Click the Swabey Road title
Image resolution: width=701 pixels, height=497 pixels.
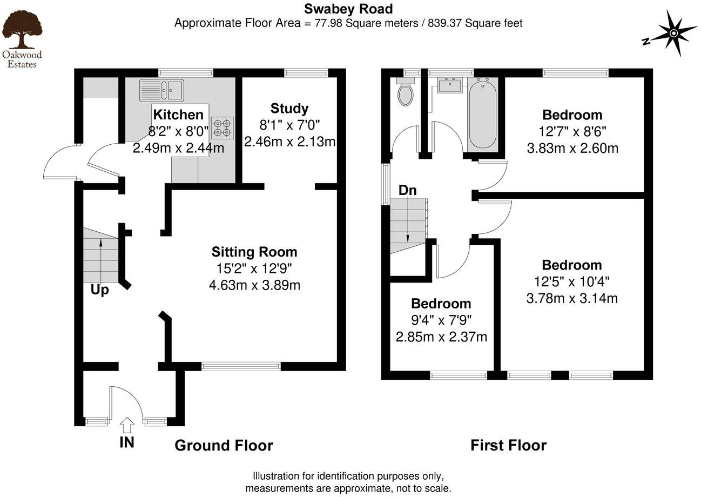click(x=348, y=9)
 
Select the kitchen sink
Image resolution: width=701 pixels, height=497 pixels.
click(x=161, y=89)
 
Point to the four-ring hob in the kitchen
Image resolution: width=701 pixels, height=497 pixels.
click(x=223, y=127)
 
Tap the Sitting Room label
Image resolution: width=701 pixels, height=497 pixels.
click(x=254, y=252)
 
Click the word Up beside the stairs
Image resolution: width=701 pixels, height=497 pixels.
click(x=99, y=290)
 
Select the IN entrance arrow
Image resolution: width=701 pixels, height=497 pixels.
click(x=127, y=425)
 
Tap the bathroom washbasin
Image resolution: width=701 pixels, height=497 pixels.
click(x=449, y=85)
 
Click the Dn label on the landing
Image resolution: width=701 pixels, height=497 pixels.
click(x=407, y=191)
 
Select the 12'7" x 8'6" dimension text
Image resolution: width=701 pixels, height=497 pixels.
click(x=572, y=131)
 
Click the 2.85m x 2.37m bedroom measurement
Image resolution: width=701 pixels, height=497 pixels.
click(x=441, y=337)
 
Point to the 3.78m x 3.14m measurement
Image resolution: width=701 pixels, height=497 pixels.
click(x=572, y=298)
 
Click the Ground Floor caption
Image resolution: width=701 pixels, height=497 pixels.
click(x=224, y=446)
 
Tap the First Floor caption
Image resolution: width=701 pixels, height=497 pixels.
click(x=508, y=446)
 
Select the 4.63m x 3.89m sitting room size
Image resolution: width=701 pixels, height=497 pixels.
click(x=254, y=285)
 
